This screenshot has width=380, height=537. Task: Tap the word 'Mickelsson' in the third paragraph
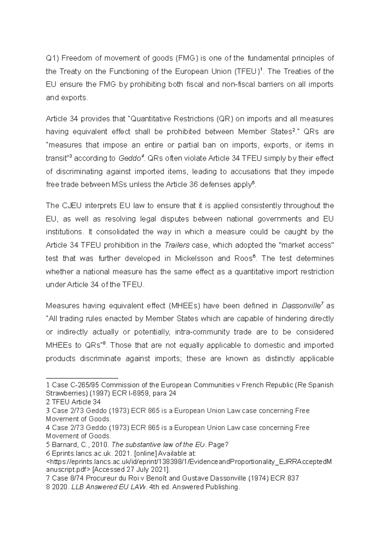pos(193,258)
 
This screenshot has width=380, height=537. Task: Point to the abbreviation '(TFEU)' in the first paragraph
pos(246,71)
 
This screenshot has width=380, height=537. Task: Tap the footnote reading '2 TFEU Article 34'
pos(73,402)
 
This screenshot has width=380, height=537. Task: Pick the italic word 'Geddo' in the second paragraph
pos(129,158)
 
